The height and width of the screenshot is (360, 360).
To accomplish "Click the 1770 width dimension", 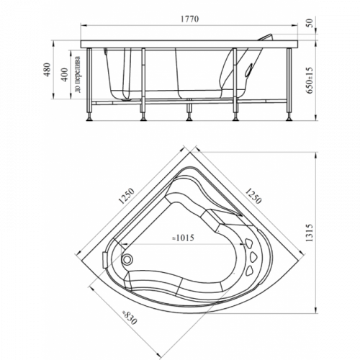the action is [x=189, y=19].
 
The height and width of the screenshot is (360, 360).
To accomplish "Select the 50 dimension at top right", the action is [x=310, y=23].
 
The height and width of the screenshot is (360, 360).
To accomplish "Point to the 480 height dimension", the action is [x=48, y=69].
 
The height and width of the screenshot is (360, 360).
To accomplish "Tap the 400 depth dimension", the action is [x=64, y=75].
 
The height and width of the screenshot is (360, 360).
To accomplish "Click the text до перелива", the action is [x=78, y=74].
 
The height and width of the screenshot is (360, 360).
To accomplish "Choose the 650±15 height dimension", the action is [x=310, y=80].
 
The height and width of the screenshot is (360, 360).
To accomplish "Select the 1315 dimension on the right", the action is [x=310, y=233].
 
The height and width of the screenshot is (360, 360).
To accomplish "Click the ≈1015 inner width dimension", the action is [x=183, y=238].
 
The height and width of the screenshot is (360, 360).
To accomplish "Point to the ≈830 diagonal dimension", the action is [x=130, y=318].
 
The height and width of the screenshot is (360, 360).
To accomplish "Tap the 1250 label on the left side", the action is [x=127, y=196].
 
